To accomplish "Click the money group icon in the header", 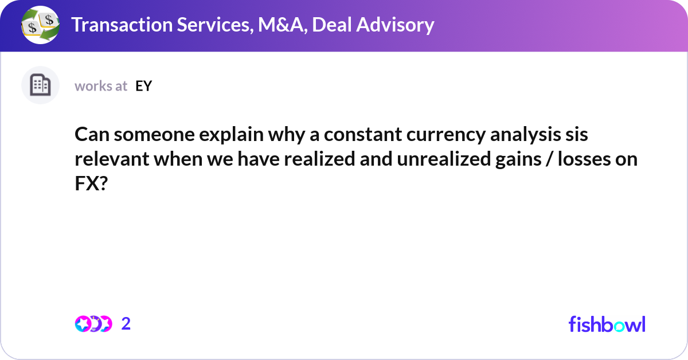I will click(x=40, y=25).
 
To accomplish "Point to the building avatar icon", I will click(x=40, y=85).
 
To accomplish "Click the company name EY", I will click(x=143, y=86).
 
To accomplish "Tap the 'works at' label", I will click(x=101, y=86).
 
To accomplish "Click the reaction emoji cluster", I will click(x=93, y=324).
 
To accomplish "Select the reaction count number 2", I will click(x=126, y=324).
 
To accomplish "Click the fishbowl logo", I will click(x=607, y=324).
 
